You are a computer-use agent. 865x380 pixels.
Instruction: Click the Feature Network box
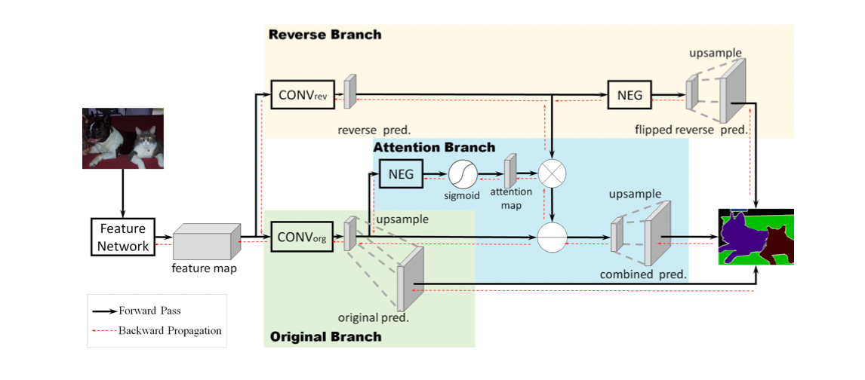[x=123, y=237]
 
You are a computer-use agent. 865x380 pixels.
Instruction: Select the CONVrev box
[x=303, y=96]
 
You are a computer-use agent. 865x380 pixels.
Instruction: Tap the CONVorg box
[x=303, y=237]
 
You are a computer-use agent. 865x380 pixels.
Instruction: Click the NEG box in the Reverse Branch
[x=630, y=96]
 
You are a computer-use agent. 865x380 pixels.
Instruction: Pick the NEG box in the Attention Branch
[x=401, y=173]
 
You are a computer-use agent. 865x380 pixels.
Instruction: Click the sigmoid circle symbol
[x=462, y=174]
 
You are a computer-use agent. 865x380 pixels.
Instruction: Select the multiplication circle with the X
[x=553, y=174]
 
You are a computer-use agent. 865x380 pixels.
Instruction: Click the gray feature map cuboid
[x=207, y=242]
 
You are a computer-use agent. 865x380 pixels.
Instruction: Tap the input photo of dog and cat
[x=123, y=138]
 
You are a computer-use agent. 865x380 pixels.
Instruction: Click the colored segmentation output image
[x=756, y=237]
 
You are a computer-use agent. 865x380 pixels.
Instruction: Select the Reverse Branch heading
[x=325, y=35]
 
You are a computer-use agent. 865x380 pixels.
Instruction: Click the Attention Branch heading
[x=434, y=147]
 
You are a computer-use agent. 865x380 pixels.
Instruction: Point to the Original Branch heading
[x=325, y=336]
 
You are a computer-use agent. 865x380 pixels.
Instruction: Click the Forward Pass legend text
[x=149, y=311]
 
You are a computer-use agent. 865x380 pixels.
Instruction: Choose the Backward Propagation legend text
[x=170, y=330]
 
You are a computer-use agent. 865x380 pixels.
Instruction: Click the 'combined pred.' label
[x=643, y=274]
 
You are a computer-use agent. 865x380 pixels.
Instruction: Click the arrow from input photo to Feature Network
[x=123, y=193]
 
